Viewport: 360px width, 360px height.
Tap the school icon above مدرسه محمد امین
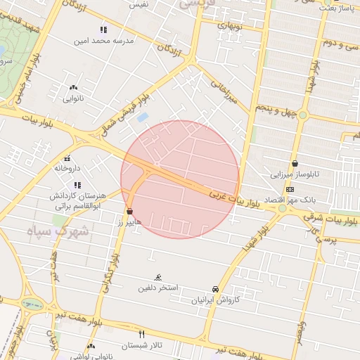(x=103, y=30)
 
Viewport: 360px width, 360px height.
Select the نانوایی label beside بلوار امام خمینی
(x=73, y=98)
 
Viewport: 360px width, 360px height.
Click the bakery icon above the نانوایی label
(x=73, y=88)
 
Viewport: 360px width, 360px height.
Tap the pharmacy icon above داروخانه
(x=67, y=158)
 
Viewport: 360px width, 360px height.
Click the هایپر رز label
(x=130, y=221)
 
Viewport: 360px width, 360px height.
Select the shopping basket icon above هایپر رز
(x=130, y=211)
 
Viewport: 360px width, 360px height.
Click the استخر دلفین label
(x=158, y=288)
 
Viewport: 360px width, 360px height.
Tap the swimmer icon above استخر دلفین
(x=157, y=277)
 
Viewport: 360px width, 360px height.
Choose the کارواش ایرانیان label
(x=214, y=300)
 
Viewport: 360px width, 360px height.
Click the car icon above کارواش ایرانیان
(x=215, y=289)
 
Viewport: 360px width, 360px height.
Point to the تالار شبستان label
(x=141, y=345)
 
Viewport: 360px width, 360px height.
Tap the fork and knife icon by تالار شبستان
(x=141, y=333)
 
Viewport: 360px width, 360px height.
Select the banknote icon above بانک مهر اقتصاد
(x=290, y=190)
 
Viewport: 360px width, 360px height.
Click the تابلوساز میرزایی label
(x=296, y=173)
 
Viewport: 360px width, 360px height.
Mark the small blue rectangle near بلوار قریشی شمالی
(x=143, y=117)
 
